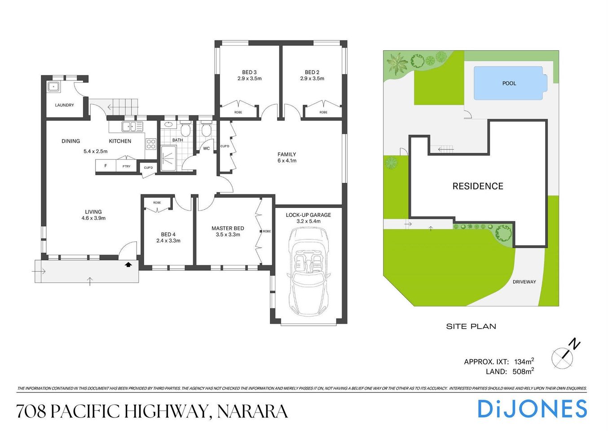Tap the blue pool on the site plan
point(509,83)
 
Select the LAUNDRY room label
point(64,105)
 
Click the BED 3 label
point(249,72)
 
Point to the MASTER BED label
point(228,229)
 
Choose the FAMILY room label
point(286,154)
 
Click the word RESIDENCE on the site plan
point(478,186)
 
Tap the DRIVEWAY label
point(524,282)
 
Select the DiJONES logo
point(532,409)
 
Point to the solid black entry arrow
point(128,264)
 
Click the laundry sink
point(54,87)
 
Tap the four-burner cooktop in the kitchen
point(151,144)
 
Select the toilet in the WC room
point(206,130)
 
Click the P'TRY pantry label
point(127,166)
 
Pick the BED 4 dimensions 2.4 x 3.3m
point(168,241)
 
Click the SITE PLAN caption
point(471,326)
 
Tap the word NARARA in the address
point(252,411)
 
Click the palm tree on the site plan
point(397,63)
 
